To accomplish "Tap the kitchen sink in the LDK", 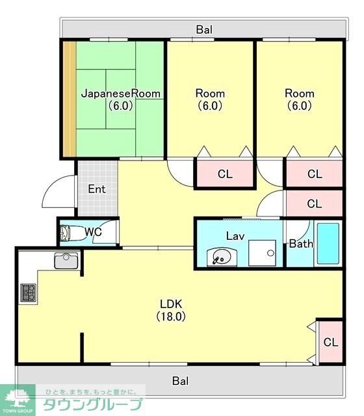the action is pyautogui.click(x=66, y=261).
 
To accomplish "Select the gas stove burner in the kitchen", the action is pyautogui.click(x=28, y=292).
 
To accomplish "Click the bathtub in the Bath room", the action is pyautogui.click(x=328, y=244).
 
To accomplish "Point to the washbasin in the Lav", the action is pyautogui.click(x=222, y=257).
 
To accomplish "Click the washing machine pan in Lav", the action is pyautogui.click(x=262, y=253).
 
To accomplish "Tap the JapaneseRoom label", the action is pyautogui.click(x=121, y=94).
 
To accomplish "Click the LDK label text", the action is pyautogui.click(x=171, y=304).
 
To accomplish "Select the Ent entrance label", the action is pyautogui.click(x=97, y=189).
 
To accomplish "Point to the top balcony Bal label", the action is pyautogui.click(x=204, y=29).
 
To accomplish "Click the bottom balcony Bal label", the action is pyautogui.click(x=181, y=381).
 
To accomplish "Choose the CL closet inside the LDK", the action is pyautogui.click(x=331, y=342).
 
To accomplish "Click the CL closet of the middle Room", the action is pyautogui.click(x=225, y=174).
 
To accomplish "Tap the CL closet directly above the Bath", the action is pyautogui.click(x=315, y=203).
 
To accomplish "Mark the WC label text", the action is pyautogui.click(x=93, y=232).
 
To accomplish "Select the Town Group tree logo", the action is pyautogui.click(x=18, y=397).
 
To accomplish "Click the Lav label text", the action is pyautogui.click(x=235, y=236).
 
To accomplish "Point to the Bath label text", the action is pyautogui.click(x=301, y=244).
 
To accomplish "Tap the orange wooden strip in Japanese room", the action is pyautogui.click(x=70, y=99).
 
